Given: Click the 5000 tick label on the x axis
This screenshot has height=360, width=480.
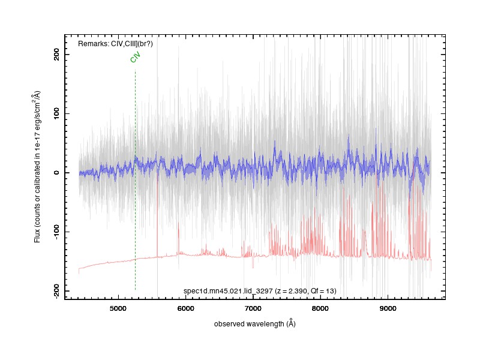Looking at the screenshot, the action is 118,308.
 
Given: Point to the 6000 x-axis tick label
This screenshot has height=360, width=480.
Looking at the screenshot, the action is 186,308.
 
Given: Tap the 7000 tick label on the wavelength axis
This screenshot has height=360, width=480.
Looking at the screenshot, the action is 253,308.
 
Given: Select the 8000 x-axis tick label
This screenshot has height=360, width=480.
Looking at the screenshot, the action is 320,308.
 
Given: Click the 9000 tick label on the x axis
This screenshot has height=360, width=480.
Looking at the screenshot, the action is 388,308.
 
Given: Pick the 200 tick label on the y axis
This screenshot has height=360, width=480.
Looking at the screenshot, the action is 56,55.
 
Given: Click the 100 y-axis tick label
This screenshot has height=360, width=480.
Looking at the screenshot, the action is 56,113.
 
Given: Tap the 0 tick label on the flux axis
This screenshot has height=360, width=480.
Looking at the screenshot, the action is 56,173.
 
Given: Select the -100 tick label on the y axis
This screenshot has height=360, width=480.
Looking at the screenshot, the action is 56,232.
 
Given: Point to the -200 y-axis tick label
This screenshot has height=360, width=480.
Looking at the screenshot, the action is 56,291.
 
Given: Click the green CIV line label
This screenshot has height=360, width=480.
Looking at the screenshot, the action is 135,57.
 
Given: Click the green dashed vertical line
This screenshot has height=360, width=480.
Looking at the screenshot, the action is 136,179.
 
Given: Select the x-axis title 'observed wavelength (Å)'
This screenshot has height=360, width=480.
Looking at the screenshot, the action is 254,323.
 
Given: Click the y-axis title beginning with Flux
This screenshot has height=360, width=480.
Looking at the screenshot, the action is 37,167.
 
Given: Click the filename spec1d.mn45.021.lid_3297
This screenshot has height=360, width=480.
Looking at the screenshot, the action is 228,291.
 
